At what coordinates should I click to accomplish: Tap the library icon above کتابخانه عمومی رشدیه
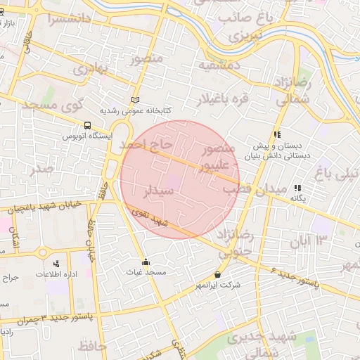click(135, 101)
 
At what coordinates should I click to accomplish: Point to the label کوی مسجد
click(52, 106)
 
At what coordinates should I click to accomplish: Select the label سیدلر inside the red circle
click(160, 191)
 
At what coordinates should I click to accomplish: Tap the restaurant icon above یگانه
click(298, 188)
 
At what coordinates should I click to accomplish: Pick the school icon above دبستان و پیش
click(277, 134)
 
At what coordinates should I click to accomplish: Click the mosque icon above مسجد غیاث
click(146, 261)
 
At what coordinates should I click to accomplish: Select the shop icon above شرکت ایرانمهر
click(217, 274)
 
